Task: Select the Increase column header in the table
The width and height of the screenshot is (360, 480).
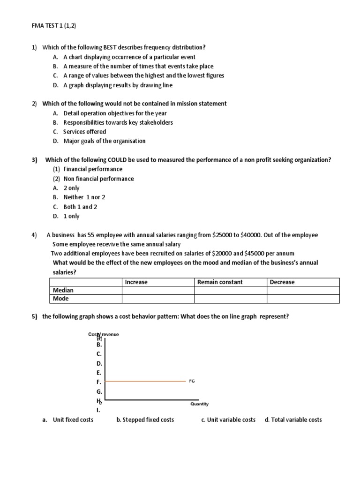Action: (x=136, y=282)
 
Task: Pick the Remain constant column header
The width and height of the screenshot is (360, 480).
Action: (x=220, y=282)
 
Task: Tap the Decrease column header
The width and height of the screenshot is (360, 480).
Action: (x=282, y=282)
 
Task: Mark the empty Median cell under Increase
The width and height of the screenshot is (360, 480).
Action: (x=157, y=290)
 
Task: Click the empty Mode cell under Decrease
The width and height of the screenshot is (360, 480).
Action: (x=303, y=299)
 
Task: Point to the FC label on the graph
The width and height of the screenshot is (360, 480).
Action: (x=192, y=381)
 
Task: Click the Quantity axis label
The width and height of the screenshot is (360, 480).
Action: (x=199, y=404)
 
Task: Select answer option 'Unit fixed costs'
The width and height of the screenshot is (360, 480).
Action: (x=73, y=420)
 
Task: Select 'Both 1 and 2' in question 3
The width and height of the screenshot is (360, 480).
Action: (x=80, y=207)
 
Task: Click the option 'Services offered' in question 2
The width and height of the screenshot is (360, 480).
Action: (x=84, y=132)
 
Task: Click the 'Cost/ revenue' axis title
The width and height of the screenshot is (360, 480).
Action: (x=104, y=334)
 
